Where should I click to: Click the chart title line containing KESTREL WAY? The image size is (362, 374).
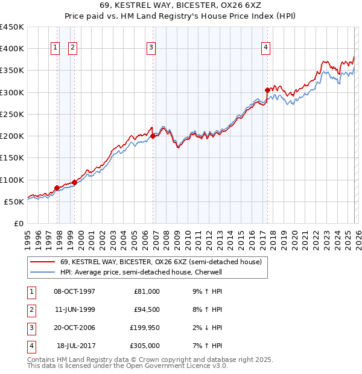[x=180, y=5]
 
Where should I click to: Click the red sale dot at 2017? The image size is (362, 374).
[x=267, y=90]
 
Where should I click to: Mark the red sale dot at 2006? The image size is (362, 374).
[x=153, y=136]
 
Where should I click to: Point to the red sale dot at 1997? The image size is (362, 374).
[x=57, y=188]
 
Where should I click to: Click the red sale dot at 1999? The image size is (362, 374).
[x=74, y=182]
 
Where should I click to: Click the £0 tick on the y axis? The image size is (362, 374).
[x=19, y=224]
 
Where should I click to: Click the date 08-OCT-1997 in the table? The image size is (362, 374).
[x=75, y=291]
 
